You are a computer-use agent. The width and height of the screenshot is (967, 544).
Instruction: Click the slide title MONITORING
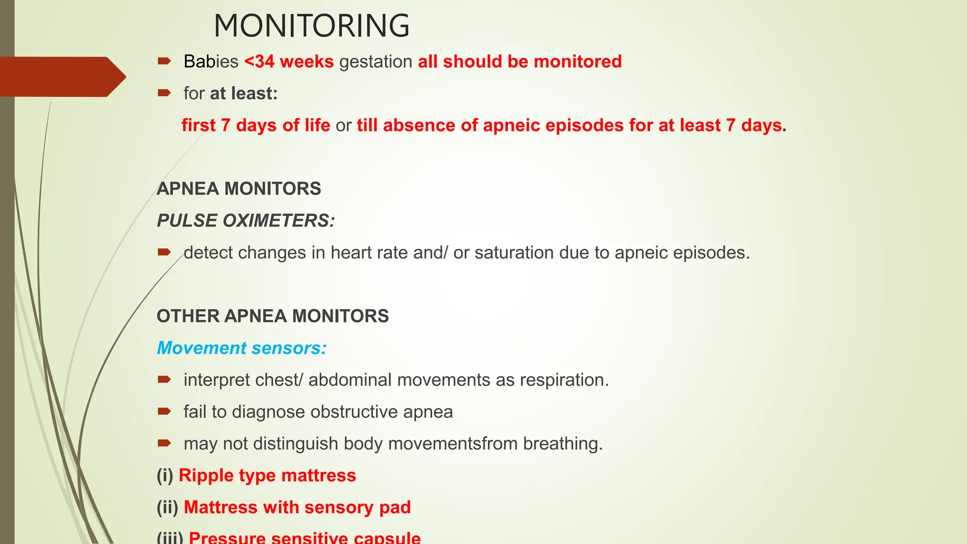pyautogui.click(x=312, y=26)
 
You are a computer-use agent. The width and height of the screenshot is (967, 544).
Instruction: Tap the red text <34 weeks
pyautogui.click(x=289, y=62)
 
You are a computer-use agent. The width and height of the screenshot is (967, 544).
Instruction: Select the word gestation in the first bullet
pyautogui.click(x=376, y=62)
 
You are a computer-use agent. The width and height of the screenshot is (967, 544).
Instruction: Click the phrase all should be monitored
pyautogui.click(x=519, y=62)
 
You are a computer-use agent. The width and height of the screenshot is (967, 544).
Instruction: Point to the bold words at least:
pyautogui.click(x=244, y=93)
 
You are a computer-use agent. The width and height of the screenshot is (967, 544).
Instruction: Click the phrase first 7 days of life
pyautogui.click(x=256, y=126)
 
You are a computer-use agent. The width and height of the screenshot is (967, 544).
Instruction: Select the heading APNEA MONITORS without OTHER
pyautogui.click(x=239, y=189)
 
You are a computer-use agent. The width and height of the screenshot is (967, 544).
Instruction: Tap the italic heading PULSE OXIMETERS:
pyautogui.click(x=246, y=221)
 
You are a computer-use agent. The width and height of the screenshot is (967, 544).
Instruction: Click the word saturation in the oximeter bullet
pyautogui.click(x=514, y=253)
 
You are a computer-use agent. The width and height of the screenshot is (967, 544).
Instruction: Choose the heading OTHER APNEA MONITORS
pyautogui.click(x=272, y=316)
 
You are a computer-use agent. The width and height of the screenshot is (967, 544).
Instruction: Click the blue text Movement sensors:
pyautogui.click(x=241, y=348)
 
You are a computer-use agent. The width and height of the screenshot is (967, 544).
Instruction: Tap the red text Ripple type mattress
pyautogui.click(x=267, y=476)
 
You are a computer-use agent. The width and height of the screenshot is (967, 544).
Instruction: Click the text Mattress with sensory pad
pyautogui.click(x=297, y=507)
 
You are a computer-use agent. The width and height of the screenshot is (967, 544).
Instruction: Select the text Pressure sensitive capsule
pyautogui.click(x=305, y=538)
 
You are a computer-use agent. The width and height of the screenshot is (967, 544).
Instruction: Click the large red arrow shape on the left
pyautogui.click(x=61, y=76)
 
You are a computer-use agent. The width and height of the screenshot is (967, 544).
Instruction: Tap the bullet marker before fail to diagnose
pyautogui.click(x=164, y=412)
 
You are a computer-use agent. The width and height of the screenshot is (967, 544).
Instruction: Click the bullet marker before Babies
pyautogui.click(x=164, y=61)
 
